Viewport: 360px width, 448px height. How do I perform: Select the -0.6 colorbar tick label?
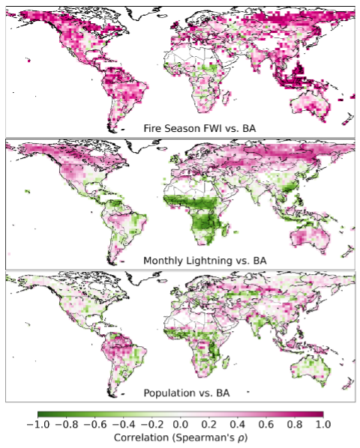94,424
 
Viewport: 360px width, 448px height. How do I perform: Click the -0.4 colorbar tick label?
123,424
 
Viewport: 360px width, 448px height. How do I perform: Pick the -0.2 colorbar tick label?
151,424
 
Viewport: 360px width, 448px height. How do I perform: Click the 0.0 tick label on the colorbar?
181,424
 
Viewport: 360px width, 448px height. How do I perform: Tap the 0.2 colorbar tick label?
209,424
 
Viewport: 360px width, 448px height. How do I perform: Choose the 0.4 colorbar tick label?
238,424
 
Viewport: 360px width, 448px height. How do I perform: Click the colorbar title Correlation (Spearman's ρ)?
180,437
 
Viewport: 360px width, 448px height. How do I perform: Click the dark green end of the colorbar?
40,413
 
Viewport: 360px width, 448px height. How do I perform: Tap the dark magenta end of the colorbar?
321,413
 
